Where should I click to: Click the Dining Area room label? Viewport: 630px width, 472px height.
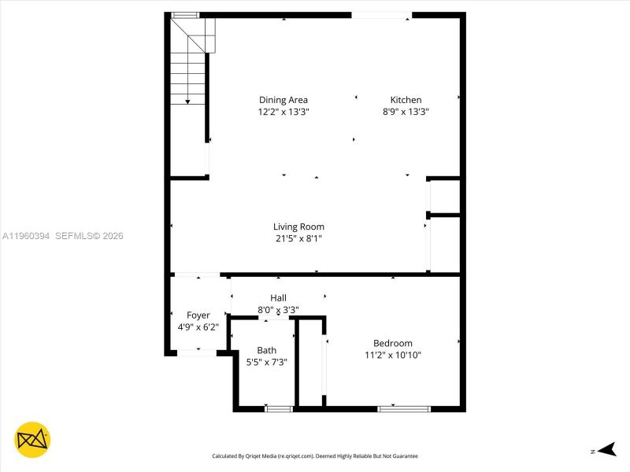tap(283, 100)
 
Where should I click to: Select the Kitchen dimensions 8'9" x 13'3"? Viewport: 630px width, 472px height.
tap(406, 112)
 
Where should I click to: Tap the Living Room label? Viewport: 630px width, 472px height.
tap(298, 227)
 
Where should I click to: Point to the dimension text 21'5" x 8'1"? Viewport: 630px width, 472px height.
tap(298, 238)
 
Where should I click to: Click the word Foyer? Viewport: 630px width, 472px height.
tap(198, 315)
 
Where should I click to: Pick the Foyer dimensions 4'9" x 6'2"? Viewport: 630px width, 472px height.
tap(198, 326)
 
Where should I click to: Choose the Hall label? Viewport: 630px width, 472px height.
tap(278, 298)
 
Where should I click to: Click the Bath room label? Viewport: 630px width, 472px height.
tap(266, 351)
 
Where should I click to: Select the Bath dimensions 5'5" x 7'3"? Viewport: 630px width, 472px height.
tap(266, 362)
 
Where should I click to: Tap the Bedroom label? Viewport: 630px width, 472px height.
tap(392, 343)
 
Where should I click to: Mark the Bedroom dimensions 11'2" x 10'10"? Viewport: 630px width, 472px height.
tap(392, 355)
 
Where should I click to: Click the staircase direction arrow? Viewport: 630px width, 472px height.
tap(187, 101)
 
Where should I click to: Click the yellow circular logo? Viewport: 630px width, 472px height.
tap(32, 440)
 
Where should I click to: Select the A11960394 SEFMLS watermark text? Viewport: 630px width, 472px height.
tap(63, 235)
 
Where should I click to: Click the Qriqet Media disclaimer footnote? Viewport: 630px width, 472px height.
tap(315, 455)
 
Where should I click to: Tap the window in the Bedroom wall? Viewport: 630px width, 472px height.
tap(404, 408)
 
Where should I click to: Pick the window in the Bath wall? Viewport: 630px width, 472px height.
tap(279, 408)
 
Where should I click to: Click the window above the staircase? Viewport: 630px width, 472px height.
tap(186, 15)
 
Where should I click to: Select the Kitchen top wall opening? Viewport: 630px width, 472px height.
tap(381, 15)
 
